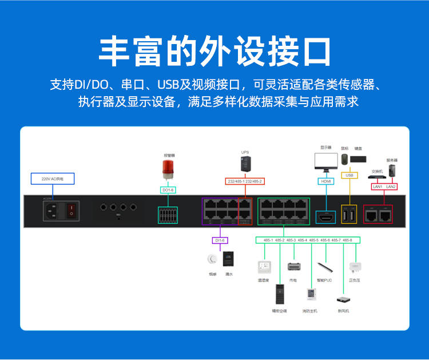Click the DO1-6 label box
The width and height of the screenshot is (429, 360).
tap(168, 189)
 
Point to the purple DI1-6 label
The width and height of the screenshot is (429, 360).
tap(220, 241)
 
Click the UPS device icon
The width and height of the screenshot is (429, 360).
tap(245, 164)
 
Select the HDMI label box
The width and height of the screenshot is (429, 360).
tap(325, 181)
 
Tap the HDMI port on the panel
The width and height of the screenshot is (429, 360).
tap(325, 217)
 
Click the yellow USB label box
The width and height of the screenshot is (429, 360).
tap(349, 175)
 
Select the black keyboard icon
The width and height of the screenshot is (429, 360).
tap(359, 159)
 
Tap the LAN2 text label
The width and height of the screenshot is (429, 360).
tap(391, 187)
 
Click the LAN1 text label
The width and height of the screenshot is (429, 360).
tap(378, 187)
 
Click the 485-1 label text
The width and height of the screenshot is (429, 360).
tap(268, 240)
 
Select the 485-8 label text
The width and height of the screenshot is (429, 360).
tap(347, 240)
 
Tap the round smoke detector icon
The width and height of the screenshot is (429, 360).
tap(212, 259)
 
